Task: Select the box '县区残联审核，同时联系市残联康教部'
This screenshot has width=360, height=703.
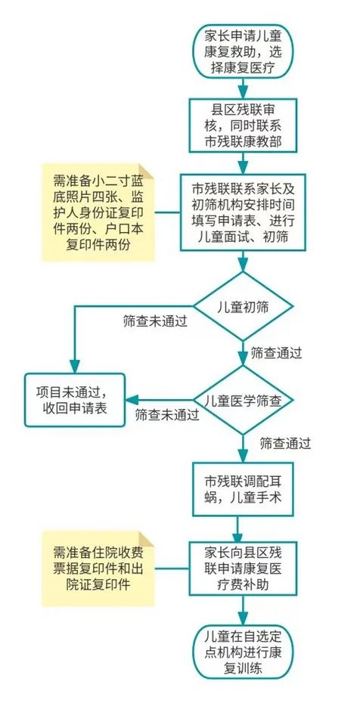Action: (243, 125)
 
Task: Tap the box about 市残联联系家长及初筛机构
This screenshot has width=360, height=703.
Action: (243, 212)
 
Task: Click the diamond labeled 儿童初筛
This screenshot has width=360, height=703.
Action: (243, 306)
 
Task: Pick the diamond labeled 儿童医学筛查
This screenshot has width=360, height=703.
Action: (243, 400)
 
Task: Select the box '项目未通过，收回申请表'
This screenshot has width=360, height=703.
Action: (74, 400)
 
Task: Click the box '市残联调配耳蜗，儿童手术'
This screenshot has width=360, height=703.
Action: (243, 488)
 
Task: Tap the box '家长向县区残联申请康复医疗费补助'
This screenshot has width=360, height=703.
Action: (243, 568)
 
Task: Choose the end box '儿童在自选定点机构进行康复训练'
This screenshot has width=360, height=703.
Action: (243, 652)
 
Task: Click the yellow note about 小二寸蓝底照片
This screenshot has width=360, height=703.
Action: (98, 212)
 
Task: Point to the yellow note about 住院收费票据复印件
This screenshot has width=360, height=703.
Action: (98, 568)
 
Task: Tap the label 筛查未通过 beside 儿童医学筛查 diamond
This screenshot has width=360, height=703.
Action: (167, 415)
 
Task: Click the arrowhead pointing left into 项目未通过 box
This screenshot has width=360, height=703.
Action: (132, 400)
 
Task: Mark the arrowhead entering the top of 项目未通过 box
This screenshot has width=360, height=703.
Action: (74, 367)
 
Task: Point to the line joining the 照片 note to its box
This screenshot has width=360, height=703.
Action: (168, 212)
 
